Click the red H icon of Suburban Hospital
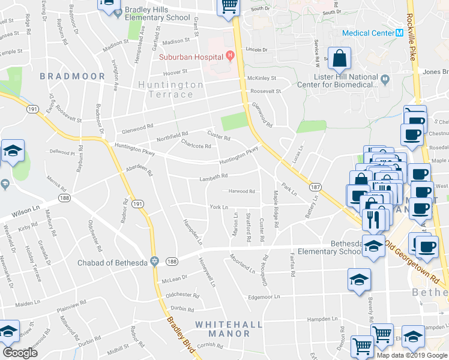pyautogui.click(x=229, y=56)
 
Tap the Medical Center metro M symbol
pyautogui.click(x=399, y=33)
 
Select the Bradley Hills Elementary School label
pyautogui.click(x=157, y=14)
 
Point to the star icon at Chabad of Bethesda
pyautogui.click(x=154, y=262)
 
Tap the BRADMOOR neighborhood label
pyautogui.click(x=72, y=76)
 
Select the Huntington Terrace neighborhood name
pyautogui.click(x=170, y=90)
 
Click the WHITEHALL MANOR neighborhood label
pyautogui.click(x=229, y=329)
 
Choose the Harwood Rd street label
pyautogui.click(x=243, y=191)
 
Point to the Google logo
pyautogui.click(x=20, y=352)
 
